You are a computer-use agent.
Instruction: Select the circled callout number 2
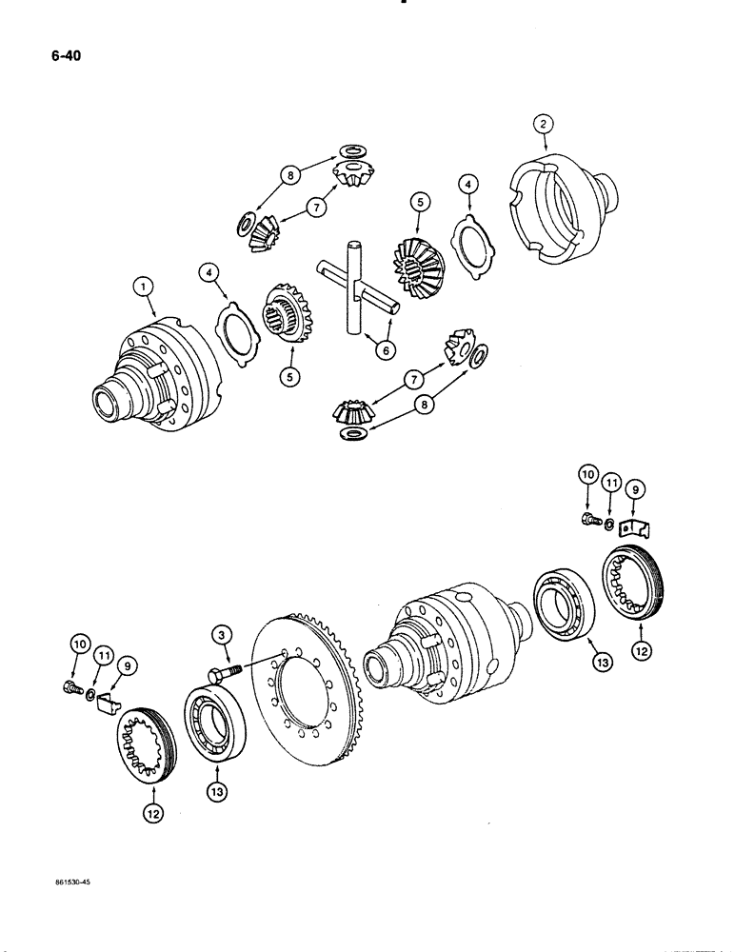pyautogui.click(x=542, y=124)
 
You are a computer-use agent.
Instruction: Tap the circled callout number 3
pyautogui.click(x=221, y=633)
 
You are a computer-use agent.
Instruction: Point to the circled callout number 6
pyautogui.click(x=385, y=350)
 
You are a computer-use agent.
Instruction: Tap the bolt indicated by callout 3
pyautogui.click(x=222, y=675)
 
